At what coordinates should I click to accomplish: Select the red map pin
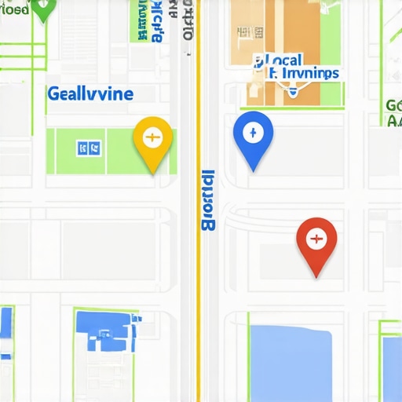pyautogui.click(x=316, y=239)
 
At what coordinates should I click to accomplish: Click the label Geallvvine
pyautogui.click(x=90, y=94)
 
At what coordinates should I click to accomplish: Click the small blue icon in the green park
pyautogui.click(x=88, y=146)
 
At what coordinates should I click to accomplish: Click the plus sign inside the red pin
pyautogui.click(x=316, y=236)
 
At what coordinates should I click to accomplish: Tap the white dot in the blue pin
pyautogui.click(x=253, y=130)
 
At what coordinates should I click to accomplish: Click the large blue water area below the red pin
pyautogui.click(x=290, y=361)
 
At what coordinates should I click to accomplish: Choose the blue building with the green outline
pyautogui.click(x=105, y=330)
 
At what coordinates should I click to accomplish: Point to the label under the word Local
pyautogui.click(x=303, y=74)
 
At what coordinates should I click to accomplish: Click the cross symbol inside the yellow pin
pyautogui.click(x=152, y=137)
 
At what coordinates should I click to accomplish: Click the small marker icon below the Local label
pyautogui.click(x=292, y=92)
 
